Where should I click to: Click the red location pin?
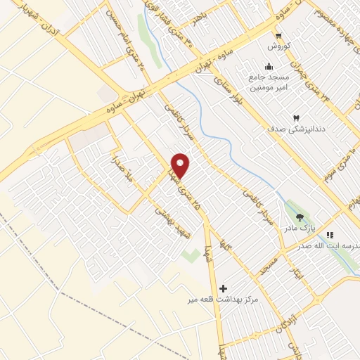181,165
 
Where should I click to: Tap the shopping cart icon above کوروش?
279,36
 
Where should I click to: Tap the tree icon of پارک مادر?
300,217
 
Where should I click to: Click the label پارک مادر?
300,228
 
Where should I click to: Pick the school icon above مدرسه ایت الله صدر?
331,235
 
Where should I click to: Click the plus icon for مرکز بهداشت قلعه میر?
224,288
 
